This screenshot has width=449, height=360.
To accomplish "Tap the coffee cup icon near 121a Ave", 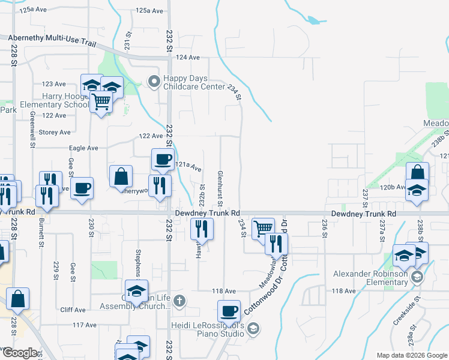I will pos(162,160).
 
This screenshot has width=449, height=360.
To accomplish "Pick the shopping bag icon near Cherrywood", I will pos(121,176).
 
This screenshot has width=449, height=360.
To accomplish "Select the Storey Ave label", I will pos(55,132).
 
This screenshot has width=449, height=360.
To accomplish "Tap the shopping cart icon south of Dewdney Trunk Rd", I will pos(263,229).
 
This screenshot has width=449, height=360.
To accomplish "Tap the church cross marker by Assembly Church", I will pos(179,300).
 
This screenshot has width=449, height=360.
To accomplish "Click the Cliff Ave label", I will pos(73,310).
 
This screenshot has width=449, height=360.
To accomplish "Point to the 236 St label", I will pos(324,228).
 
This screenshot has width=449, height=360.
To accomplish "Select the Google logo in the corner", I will pos(20,353).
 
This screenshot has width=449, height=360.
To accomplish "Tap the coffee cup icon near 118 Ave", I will pos(228,311).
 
